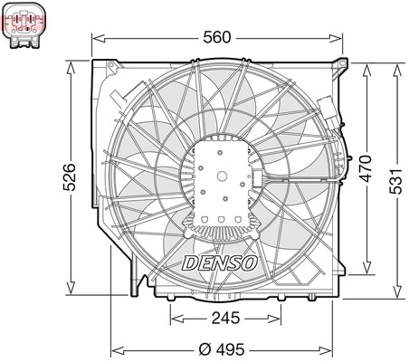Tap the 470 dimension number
click(364, 171)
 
